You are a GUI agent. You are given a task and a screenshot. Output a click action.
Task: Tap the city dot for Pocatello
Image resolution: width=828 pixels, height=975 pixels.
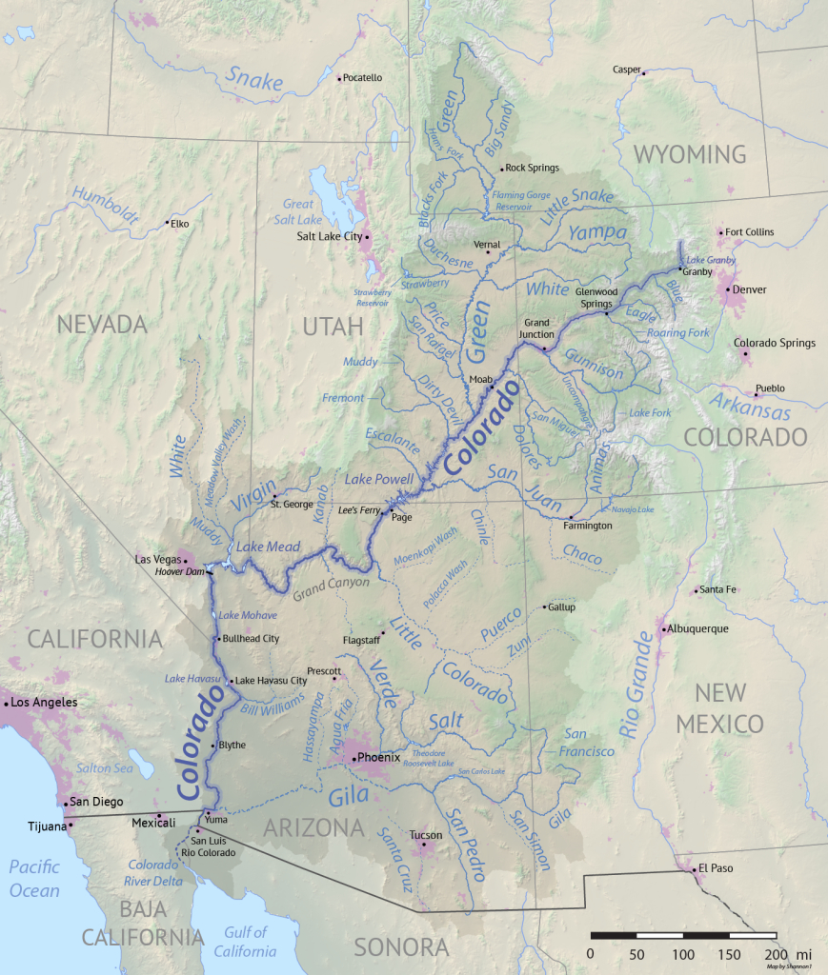tap(339, 78)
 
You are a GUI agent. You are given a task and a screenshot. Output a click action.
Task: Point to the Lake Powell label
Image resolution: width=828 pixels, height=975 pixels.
tap(379, 479)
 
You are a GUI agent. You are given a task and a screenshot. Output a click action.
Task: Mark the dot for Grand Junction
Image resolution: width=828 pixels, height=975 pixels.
tap(544, 348)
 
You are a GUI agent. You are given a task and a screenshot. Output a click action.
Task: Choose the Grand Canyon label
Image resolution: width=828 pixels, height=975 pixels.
tap(331, 588)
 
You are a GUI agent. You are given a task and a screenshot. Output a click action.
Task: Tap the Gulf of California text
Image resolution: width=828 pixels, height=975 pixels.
tap(246, 941)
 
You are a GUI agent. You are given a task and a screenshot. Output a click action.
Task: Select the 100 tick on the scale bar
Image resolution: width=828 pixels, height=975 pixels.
tap(682, 954)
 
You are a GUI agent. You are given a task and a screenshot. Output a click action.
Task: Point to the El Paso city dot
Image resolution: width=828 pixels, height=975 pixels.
tap(693, 868)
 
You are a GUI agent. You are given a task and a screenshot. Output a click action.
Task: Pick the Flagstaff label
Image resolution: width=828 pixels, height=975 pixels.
tap(361, 640)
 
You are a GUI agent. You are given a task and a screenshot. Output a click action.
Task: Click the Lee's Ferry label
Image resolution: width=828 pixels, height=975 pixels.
tap(359, 510)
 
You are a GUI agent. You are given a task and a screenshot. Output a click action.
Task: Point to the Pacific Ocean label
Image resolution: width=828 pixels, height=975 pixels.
tap(34, 879)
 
